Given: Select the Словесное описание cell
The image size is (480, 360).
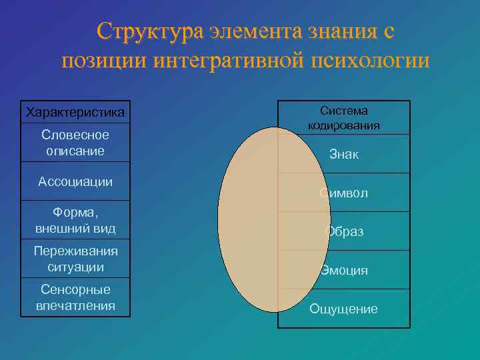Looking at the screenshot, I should (75, 143).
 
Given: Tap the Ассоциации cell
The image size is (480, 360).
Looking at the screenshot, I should (75, 181).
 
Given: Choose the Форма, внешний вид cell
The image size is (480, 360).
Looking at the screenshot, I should (75, 221).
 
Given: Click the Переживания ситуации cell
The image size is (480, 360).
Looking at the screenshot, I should (75, 259).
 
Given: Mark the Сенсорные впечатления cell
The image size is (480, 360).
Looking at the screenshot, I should (75, 297).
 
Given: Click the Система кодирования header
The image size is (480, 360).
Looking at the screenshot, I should (344, 117).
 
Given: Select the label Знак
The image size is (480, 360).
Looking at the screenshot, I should (344, 155).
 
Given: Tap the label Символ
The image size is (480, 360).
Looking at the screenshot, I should (344, 193).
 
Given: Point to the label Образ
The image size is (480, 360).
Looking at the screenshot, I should (344, 232).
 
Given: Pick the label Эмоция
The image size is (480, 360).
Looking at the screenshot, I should (344, 271).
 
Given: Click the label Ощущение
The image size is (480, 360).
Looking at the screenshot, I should (344, 309).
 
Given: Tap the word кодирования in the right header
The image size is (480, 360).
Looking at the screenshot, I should (344, 125).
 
